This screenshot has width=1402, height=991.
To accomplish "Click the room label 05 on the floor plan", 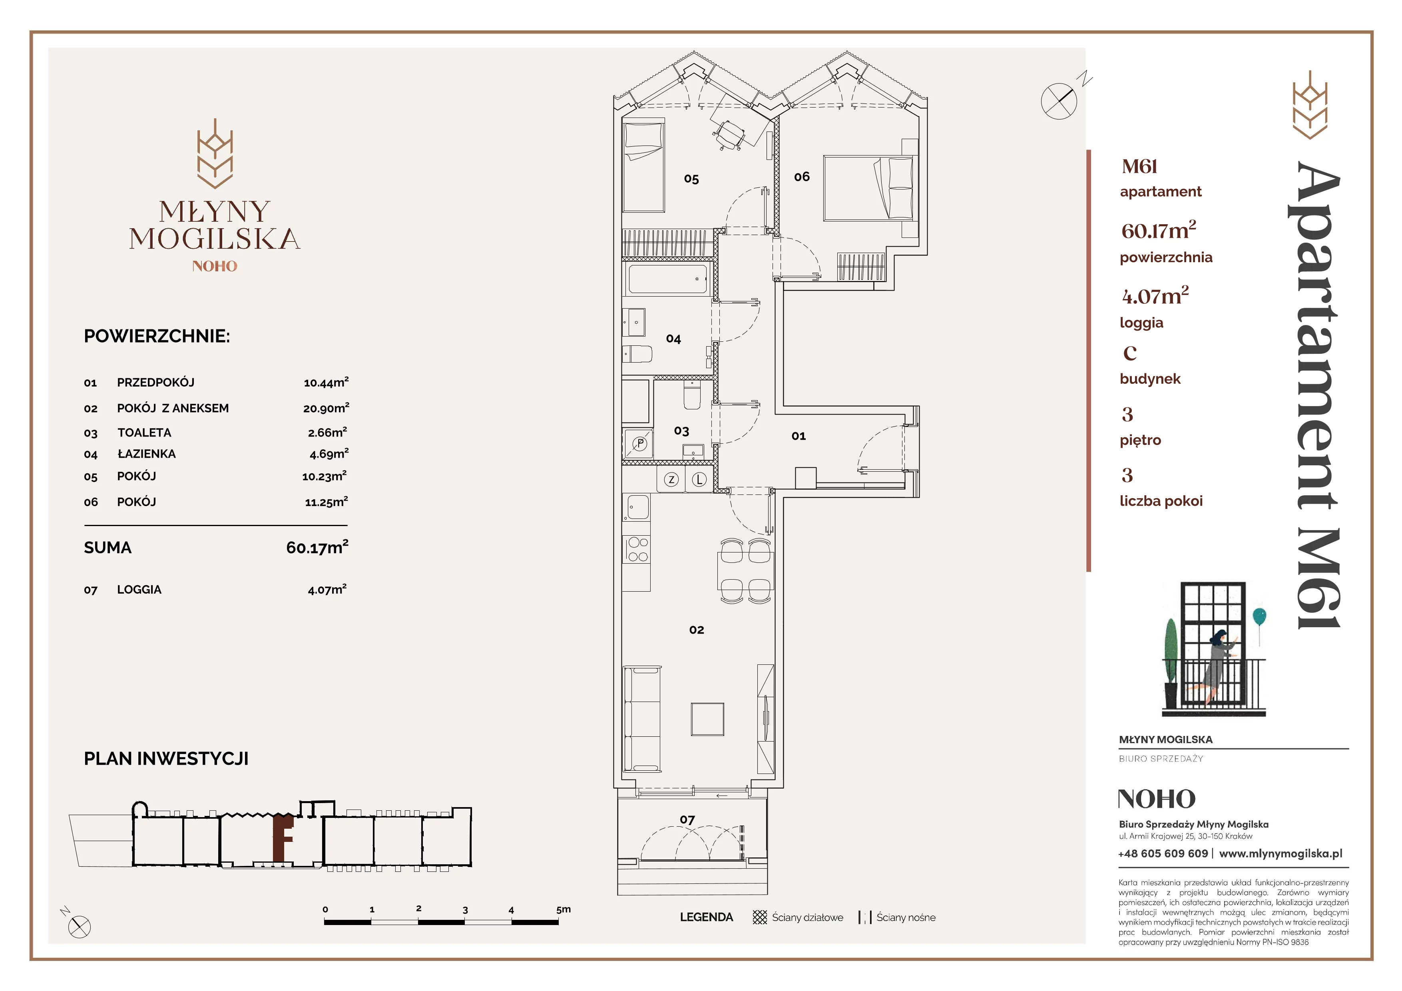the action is [691, 179].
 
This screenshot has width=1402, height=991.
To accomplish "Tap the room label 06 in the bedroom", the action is [802, 176].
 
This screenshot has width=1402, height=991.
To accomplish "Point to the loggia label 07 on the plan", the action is [687, 820].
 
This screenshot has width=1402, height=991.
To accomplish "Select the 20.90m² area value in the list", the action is [326, 407].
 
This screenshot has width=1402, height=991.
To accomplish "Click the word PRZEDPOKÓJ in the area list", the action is [156, 382].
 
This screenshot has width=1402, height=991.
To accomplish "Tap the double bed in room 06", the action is [870, 187].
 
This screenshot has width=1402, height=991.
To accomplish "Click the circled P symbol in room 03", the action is [640, 444].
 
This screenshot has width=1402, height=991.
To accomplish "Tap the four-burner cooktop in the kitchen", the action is [637, 549].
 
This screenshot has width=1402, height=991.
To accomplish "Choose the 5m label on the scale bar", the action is [563, 909].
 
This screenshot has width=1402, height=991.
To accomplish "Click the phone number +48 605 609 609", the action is [1163, 853].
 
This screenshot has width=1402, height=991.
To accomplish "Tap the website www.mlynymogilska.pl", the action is [1281, 853].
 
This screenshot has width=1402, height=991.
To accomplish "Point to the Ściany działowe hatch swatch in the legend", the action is [760, 917].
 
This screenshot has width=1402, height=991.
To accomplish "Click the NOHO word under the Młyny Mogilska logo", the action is [214, 266].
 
